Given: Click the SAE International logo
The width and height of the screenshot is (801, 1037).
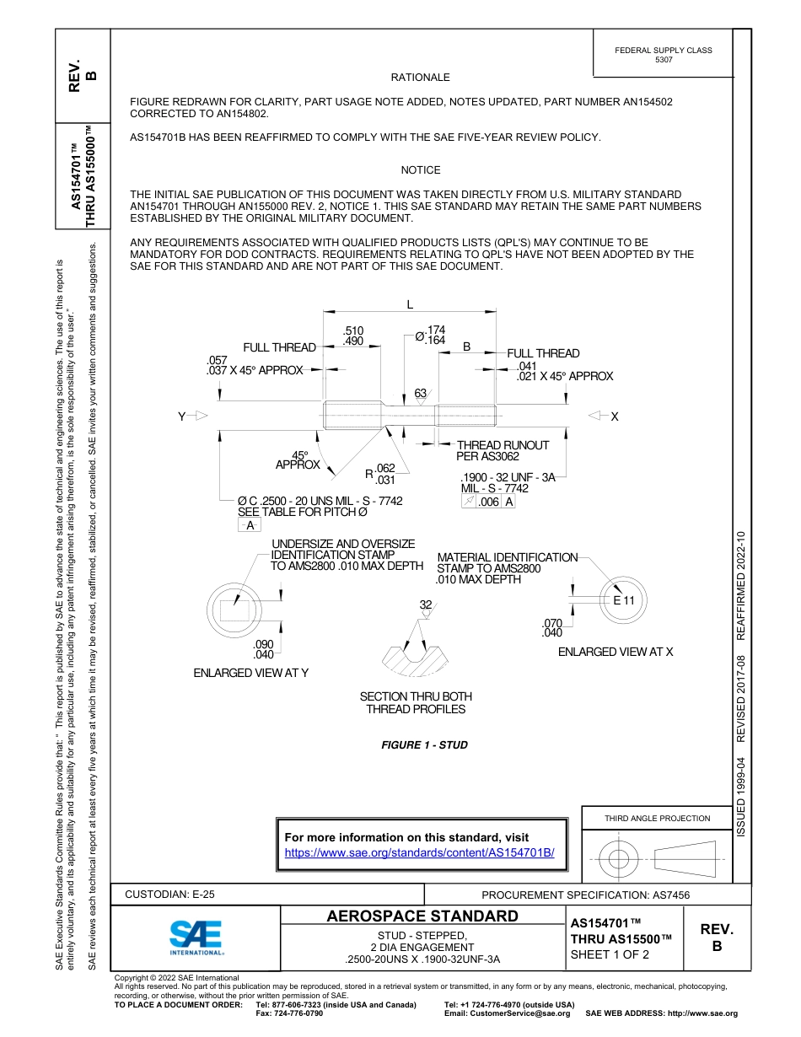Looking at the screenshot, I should pos(196,937).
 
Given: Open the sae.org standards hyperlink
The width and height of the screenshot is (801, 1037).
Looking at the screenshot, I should pos(420,852).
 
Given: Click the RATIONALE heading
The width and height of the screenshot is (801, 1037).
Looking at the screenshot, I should pos(420,78).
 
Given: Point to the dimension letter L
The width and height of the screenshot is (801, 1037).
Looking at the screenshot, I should pos(410,304).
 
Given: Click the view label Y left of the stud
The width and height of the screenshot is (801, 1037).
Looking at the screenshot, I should pos(181,416).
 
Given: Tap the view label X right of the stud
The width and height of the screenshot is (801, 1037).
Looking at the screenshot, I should pos(615,416).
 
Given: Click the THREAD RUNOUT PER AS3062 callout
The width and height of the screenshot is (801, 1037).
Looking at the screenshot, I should pos(502,450).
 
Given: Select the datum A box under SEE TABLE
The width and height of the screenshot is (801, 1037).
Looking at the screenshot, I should pos(249,525).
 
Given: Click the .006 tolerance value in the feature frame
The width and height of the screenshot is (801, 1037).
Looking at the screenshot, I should pos(488,502).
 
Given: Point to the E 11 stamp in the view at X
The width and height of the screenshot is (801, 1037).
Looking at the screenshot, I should pos(623,600).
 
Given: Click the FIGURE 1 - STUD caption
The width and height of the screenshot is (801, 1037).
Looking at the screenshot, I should pos(424,745).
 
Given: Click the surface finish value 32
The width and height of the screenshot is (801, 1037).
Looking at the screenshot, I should pos(426,604).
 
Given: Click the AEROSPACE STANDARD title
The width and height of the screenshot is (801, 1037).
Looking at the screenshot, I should pos(422,916).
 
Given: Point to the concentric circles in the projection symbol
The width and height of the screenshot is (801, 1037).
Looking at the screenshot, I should pos(619,859).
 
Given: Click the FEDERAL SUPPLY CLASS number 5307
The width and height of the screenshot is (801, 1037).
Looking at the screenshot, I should pos(664,60).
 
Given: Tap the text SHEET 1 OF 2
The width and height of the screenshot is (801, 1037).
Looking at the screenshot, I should pos(610,954).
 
